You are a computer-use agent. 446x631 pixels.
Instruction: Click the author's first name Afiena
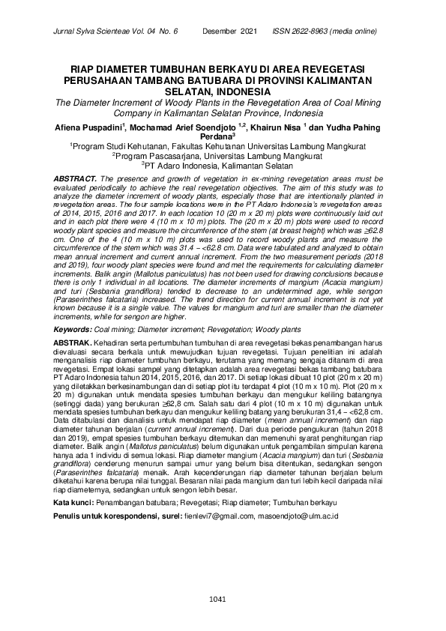[x=80, y=128]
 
